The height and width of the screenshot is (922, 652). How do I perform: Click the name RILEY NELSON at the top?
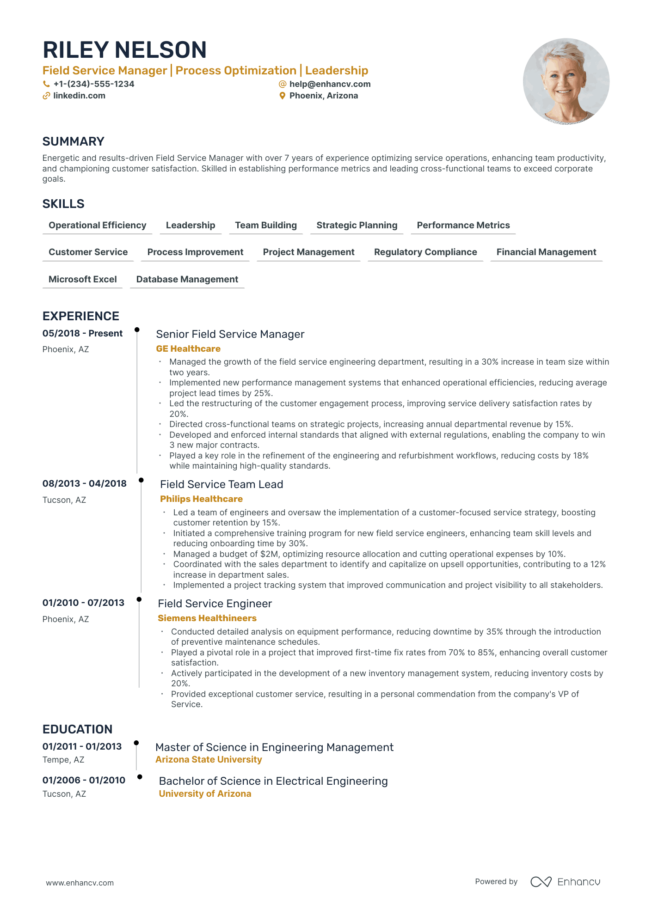click(124, 50)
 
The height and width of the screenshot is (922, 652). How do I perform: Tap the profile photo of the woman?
click(566, 81)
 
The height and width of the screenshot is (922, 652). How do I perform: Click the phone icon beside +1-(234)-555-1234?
click(46, 84)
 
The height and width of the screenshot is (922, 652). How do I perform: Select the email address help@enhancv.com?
click(330, 84)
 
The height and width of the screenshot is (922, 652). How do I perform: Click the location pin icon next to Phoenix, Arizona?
click(282, 96)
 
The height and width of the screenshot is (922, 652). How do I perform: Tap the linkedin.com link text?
click(79, 96)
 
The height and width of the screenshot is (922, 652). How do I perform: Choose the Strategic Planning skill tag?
click(357, 225)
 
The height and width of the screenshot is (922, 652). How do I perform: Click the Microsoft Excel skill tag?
click(82, 279)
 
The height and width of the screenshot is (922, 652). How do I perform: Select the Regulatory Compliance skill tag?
click(425, 252)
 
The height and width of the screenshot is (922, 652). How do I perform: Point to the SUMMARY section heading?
click(73, 141)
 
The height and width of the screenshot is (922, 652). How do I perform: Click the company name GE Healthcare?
click(188, 348)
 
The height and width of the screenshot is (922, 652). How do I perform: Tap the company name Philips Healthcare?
click(201, 499)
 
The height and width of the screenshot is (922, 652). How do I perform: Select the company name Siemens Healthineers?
click(207, 618)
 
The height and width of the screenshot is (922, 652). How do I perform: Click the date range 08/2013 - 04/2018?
click(84, 483)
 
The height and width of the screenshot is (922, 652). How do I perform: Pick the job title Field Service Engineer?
click(215, 604)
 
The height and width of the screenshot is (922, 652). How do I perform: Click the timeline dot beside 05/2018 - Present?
click(137, 330)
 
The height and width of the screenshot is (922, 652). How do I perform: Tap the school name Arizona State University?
click(209, 759)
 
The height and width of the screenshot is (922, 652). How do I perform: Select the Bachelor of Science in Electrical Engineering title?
click(273, 781)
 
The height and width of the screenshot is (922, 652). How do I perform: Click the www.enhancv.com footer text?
click(80, 883)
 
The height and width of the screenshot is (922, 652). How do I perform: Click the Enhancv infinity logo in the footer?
click(541, 882)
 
